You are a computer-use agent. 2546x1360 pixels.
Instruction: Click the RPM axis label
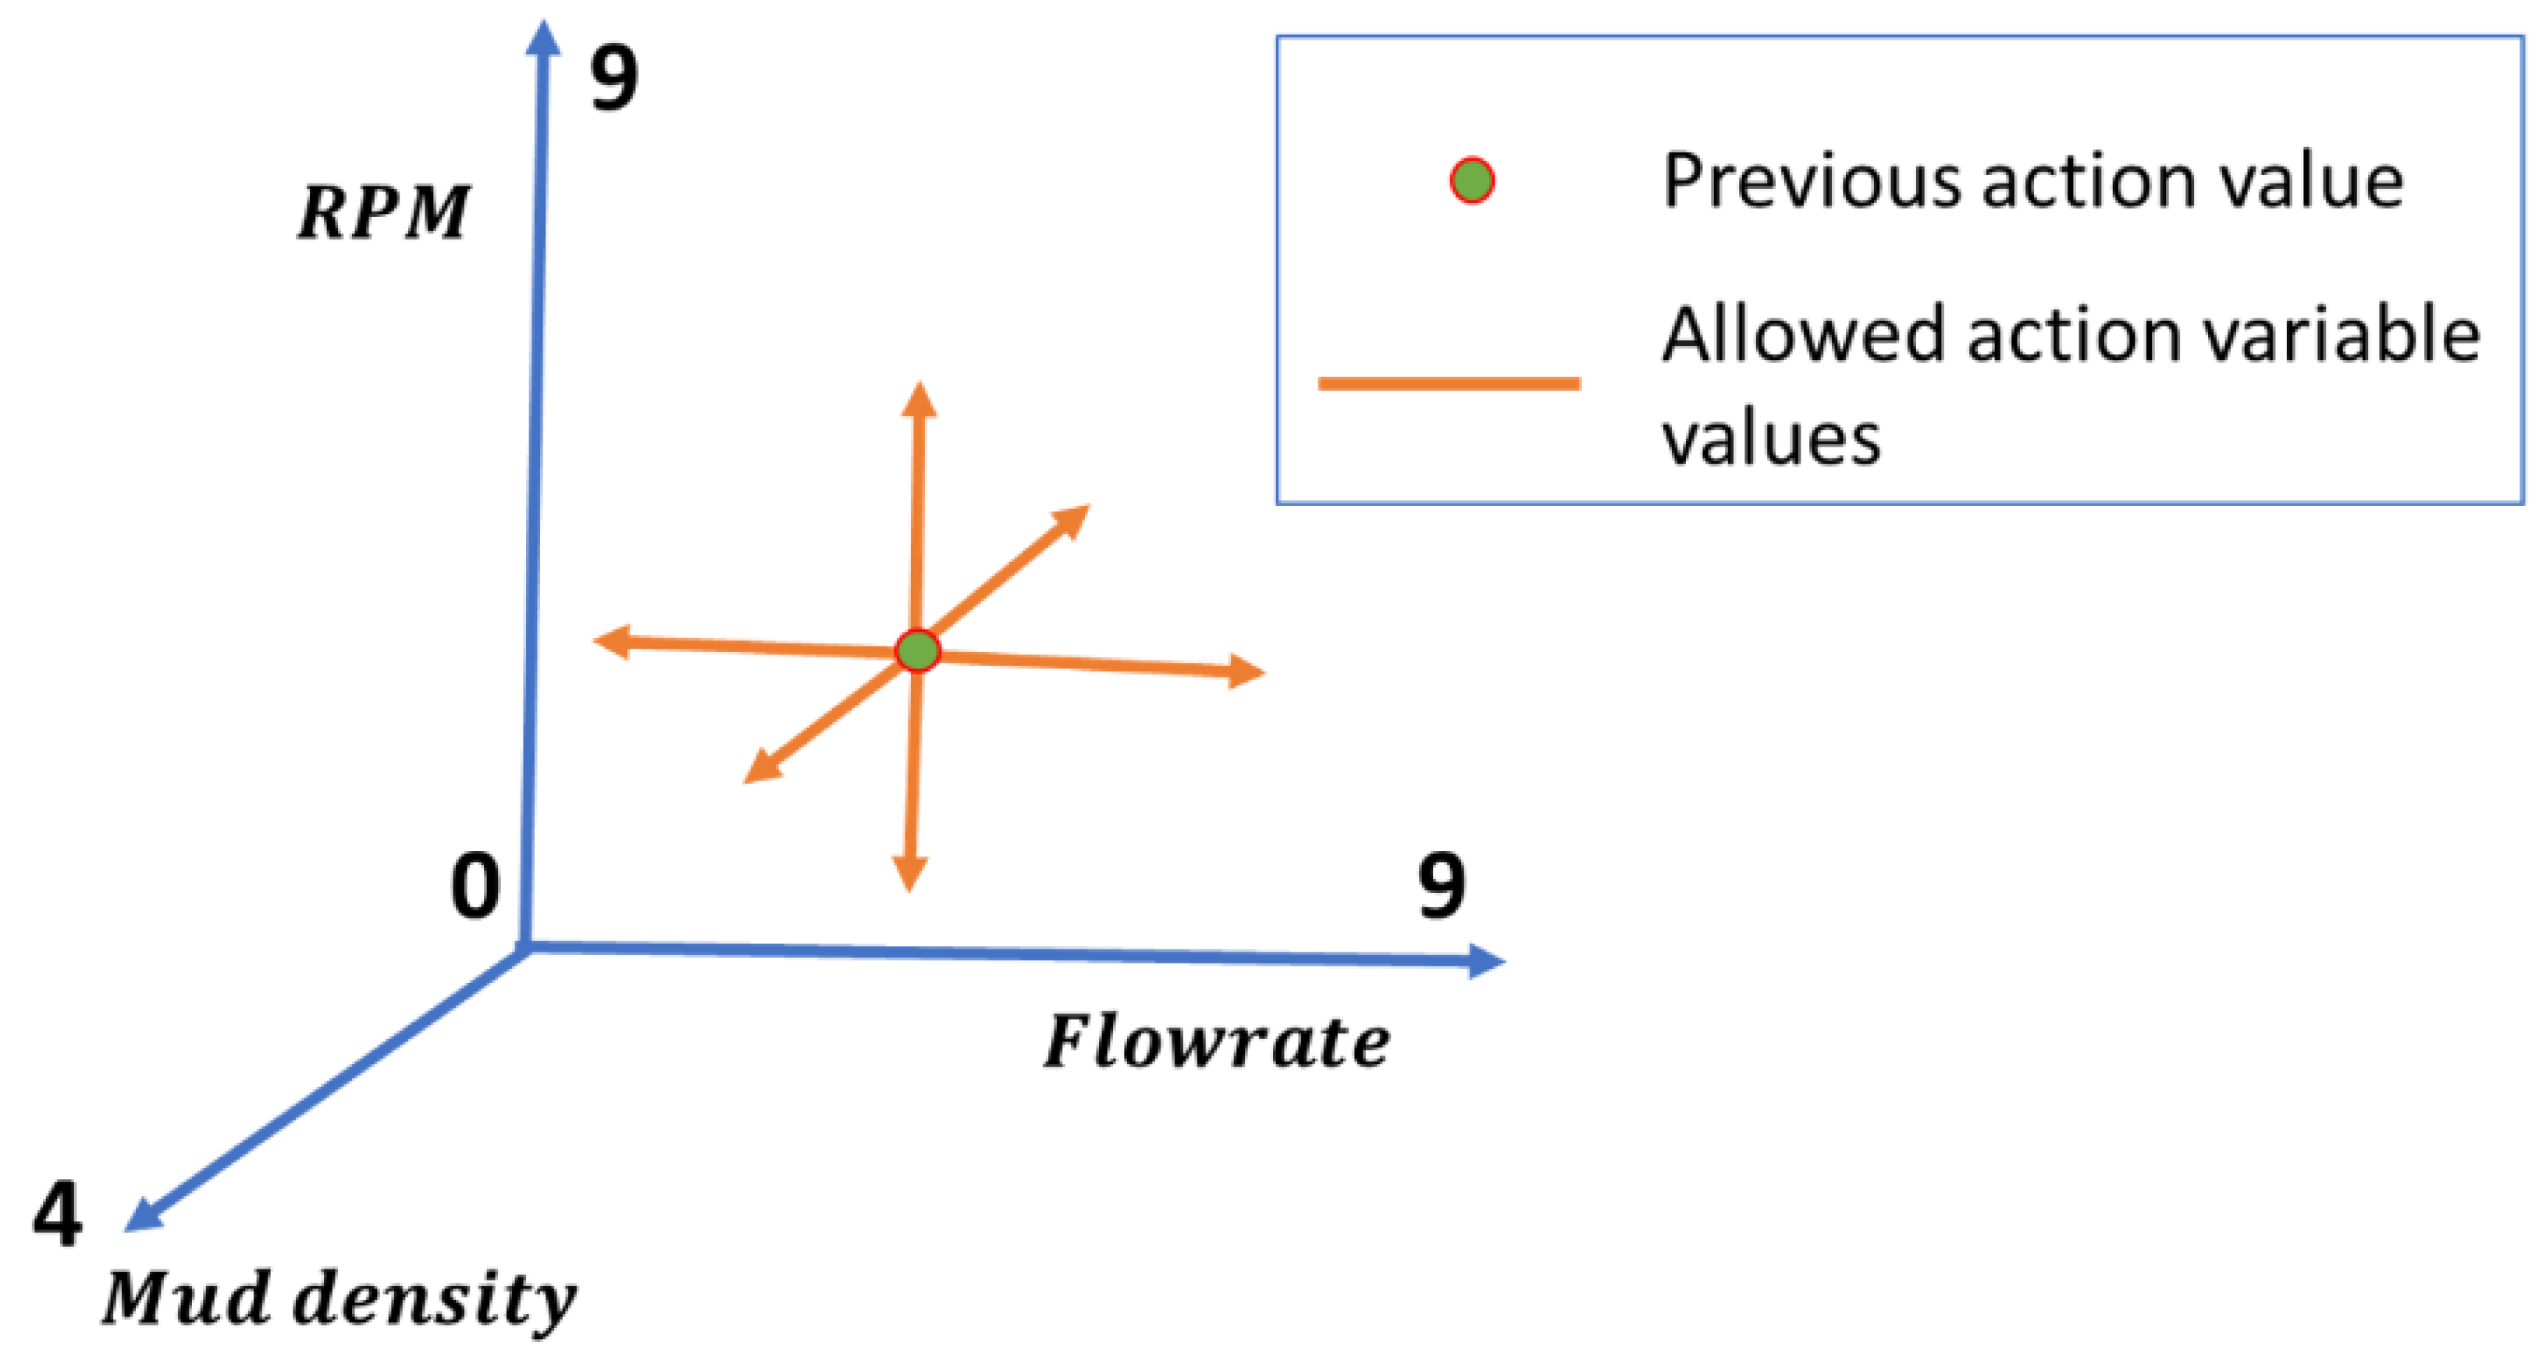pyautogui.click(x=383, y=212)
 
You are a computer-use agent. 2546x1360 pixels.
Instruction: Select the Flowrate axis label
pyautogui.click(x=1217, y=1043)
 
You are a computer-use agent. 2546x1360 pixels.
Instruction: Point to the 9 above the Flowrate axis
pyautogui.click(x=1441, y=887)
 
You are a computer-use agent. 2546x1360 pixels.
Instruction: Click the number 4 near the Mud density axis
pyautogui.click(x=57, y=1214)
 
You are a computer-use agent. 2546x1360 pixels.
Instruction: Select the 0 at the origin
pyautogui.click(x=475, y=887)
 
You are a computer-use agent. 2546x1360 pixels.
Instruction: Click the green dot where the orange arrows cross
pyautogui.click(x=917, y=650)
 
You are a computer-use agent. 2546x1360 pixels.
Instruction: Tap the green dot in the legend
pyautogui.click(x=1472, y=181)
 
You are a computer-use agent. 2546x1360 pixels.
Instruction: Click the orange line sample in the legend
pyautogui.click(x=1449, y=383)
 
